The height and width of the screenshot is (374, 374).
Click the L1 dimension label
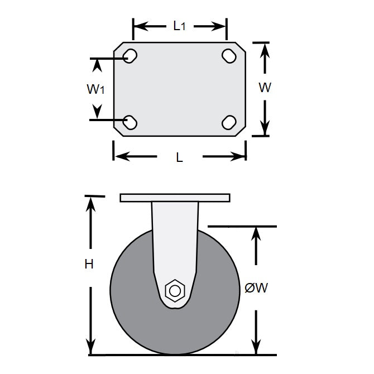(179, 26)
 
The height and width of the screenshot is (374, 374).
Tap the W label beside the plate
(265, 88)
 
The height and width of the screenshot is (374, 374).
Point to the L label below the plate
(179, 158)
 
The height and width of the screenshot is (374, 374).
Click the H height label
(89, 265)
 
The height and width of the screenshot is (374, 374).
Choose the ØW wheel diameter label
(257, 288)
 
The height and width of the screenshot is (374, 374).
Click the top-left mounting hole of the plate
(130, 56)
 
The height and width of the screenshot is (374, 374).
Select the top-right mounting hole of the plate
(229, 56)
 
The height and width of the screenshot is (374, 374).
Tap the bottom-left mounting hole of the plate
(130, 122)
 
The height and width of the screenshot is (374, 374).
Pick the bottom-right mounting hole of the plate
(229, 122)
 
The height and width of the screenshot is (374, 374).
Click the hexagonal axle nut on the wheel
(175, 291)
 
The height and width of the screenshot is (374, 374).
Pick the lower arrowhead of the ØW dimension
(256, 347)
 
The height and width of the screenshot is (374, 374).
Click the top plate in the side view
(175, 198)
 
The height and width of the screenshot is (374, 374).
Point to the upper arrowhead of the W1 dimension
(98, 65)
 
